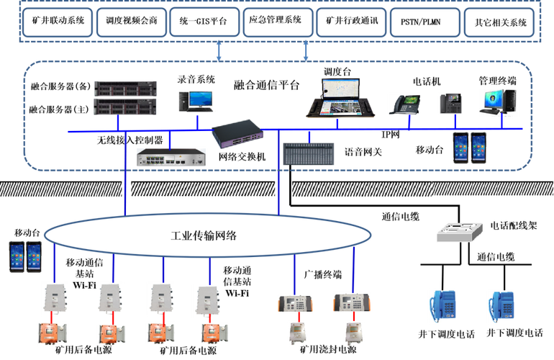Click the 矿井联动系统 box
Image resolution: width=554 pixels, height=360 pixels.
click(x=58, y=22)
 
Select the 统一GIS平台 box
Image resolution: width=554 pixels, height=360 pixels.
click(x=204, y=22)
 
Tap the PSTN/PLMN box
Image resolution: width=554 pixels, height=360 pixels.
click(x=425, y=22)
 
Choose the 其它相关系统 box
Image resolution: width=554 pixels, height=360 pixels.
click(x=499, y=22)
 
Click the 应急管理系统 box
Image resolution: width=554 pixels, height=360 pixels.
click(x=278, y=22)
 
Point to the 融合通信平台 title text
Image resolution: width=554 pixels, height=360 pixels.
click(x=266, y=85)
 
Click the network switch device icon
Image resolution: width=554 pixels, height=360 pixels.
click(x=237, y=134)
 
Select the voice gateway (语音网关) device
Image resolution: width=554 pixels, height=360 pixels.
click(x=309, y=154)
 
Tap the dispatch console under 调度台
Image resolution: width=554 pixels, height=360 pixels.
click(x=340, y=98)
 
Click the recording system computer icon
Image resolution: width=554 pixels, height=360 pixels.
click(x=196, y=102)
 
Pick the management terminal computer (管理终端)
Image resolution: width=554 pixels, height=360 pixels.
click(x=499, y=102)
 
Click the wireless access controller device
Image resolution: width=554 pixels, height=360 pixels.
click(x=171, y=158)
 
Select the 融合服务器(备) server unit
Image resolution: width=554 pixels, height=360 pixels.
click(x=125, y=89)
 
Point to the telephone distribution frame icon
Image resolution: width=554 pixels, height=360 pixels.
click(x=459, y=232)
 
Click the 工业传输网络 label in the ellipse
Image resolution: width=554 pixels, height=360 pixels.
click(x=204, y=235)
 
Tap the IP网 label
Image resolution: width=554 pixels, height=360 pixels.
click(x=391, y=135)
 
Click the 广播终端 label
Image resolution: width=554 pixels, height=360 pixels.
click(x=323, y=274)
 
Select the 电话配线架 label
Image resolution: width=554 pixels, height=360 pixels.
click(x=514, y=225)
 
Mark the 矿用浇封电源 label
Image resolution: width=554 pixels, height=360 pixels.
click(x=328, y=350)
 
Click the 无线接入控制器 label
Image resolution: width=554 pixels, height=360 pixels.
click(x=130, y=140)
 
